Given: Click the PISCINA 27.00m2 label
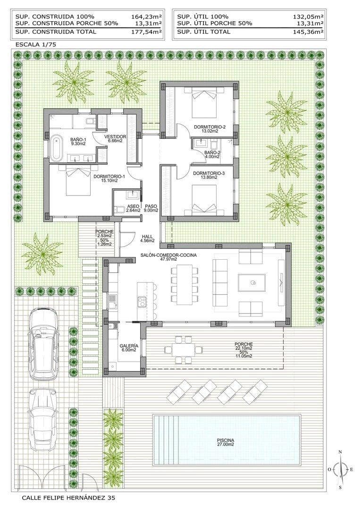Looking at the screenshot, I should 226,442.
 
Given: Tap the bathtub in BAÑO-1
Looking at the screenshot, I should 56,147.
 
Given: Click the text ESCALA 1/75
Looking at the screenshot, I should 36,44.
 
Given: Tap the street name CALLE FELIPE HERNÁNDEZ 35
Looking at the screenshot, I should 68,498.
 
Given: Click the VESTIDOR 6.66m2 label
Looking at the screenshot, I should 115,138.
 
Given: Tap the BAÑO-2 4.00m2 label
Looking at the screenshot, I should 213,155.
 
